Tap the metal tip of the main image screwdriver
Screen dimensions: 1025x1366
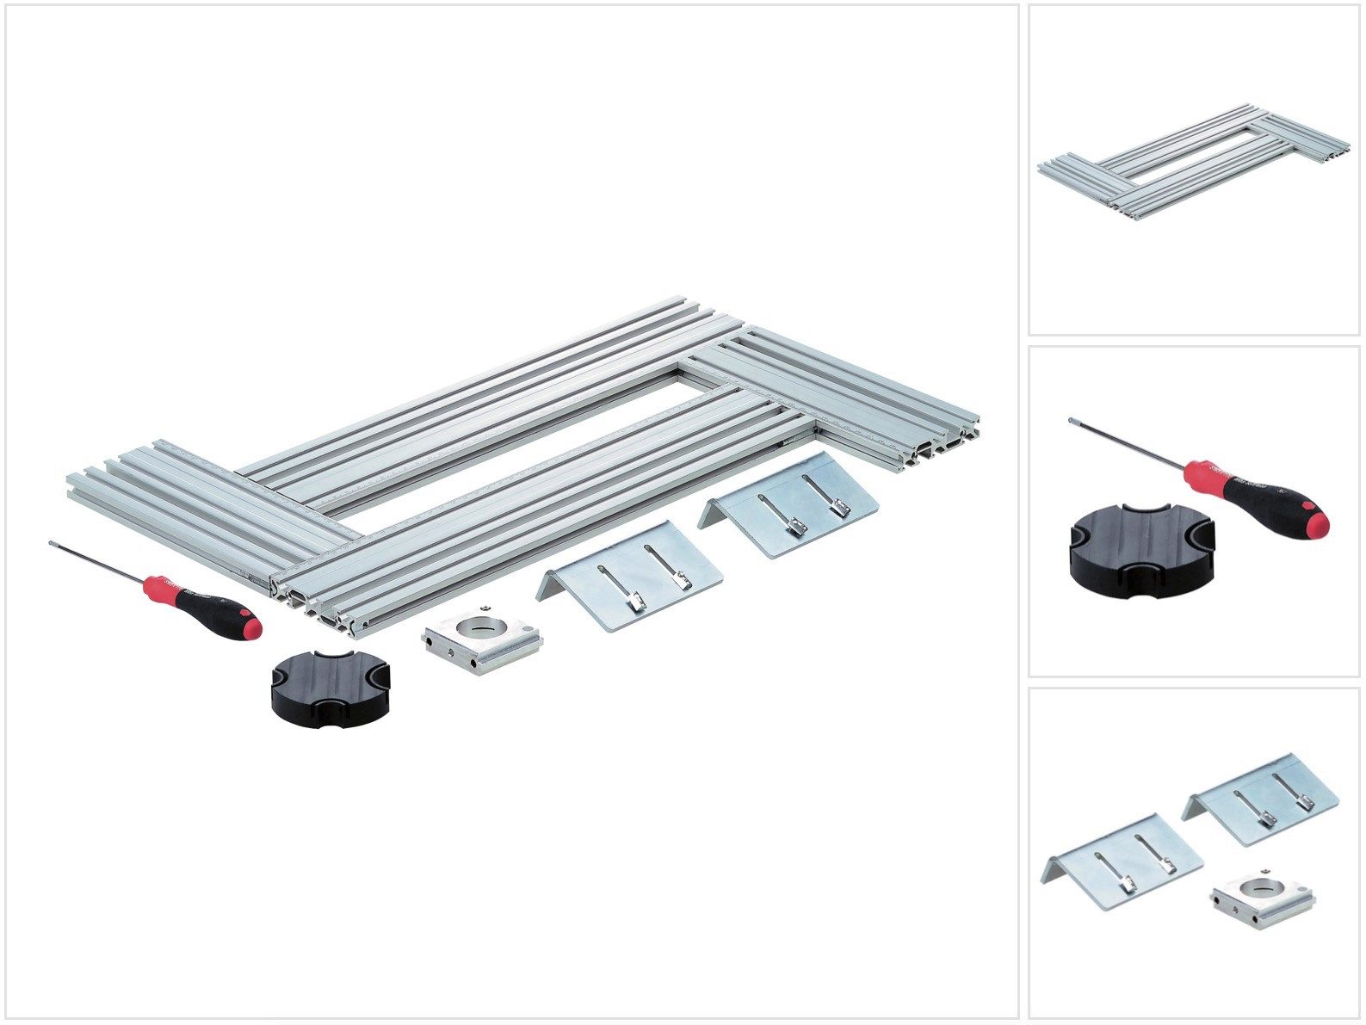click(x=53, y=544)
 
